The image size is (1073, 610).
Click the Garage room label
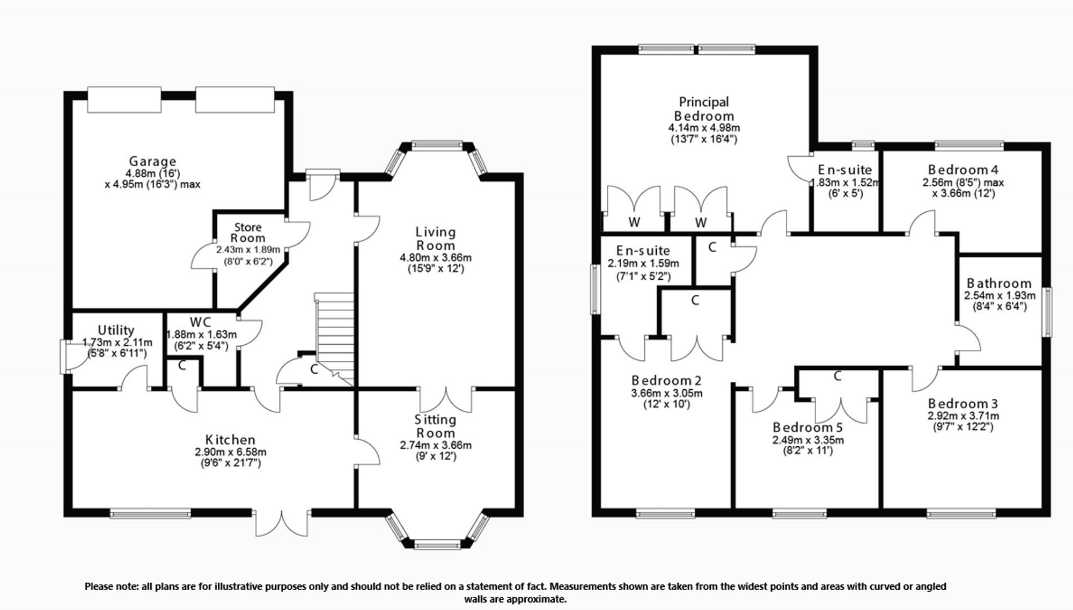[x=152, y=161]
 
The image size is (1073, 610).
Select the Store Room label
[x=248, y=233]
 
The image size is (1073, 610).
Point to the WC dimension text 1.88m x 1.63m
[x=201, y=335]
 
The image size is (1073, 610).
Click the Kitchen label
[x=230, y=440]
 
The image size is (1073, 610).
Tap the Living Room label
[x=436, y=238]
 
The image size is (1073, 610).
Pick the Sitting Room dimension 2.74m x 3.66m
[x=436, y=445]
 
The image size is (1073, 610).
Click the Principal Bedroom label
[x=704, y=108]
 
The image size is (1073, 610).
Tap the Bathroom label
[x=999, y=283]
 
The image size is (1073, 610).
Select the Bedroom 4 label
[x=963, y=170]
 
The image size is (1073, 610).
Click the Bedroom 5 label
[x=807, y=427]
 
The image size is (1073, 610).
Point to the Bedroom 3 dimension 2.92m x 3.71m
[x=963, y=416]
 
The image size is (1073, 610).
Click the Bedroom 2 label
[x=666, y=380]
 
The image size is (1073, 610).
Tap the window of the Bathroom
[x=1047, y=312]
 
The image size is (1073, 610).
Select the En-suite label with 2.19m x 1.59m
[x=643, y=250]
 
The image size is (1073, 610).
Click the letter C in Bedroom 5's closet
[x=837, y=377]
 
